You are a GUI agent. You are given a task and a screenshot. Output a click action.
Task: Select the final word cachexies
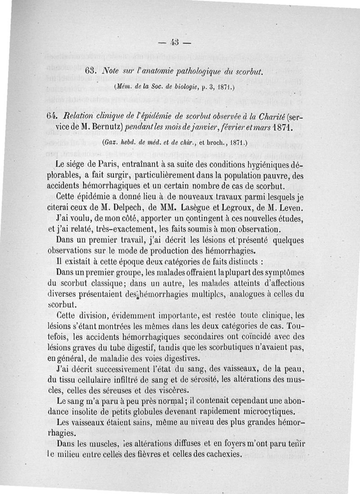(x=216, y=454)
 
